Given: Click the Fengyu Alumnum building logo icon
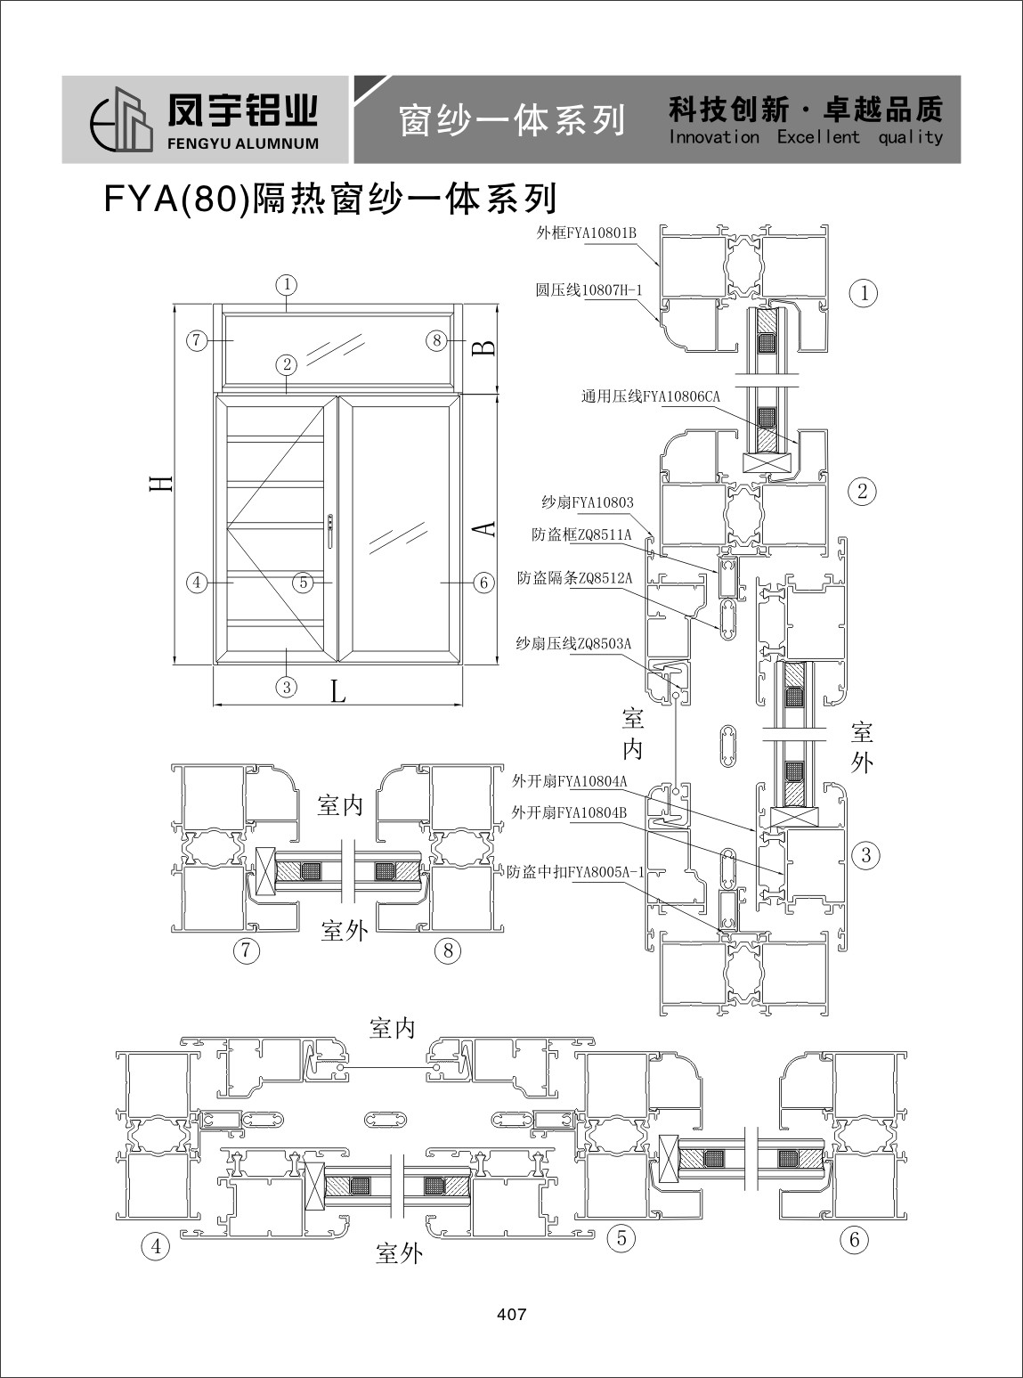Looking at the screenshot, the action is coord(122,118).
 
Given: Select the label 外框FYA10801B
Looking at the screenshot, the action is coord(587,233).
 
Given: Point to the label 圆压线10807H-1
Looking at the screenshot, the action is coord(589,290).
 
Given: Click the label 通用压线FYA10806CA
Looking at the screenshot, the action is coord(650,396).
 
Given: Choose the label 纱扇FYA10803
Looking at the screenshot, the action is coord(587,502).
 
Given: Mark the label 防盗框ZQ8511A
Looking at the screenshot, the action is coord(581,534).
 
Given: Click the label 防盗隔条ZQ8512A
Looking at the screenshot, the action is coord(574,578).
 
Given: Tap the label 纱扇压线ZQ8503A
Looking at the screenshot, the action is coord(573,644).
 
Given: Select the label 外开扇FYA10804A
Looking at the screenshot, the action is coord(569,781).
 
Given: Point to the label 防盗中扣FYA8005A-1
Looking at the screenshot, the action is coord(576,872).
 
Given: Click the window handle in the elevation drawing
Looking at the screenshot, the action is coord(330,531).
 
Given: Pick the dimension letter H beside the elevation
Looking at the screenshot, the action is coord(161,484).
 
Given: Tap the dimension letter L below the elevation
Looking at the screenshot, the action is coord(338,691).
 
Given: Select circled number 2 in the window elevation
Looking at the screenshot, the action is coord(287,364).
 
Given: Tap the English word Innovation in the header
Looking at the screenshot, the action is coord(714,136).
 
